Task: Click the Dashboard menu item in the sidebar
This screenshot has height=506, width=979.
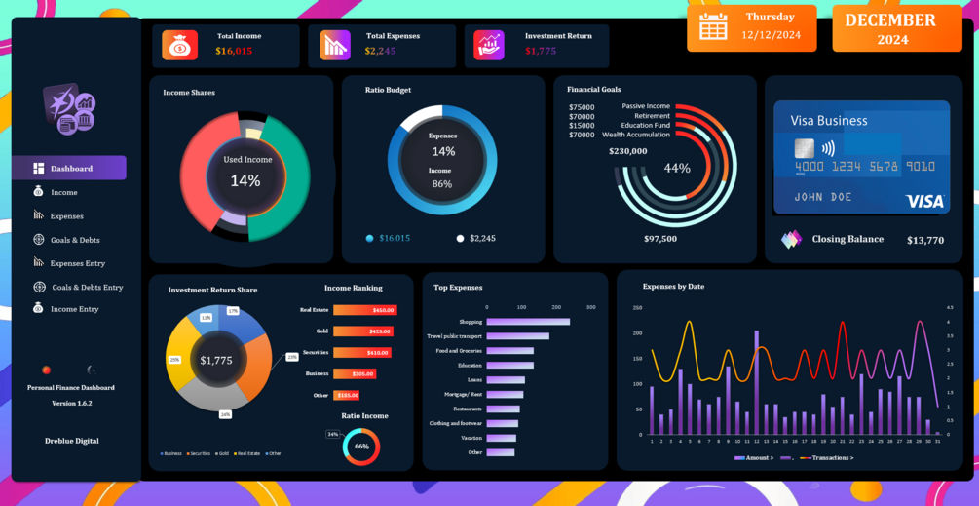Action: (x=70, y=168)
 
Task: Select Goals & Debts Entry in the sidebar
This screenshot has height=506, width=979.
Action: (x=87, y=288)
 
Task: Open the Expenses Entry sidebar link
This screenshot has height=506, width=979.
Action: (x=77, y=263)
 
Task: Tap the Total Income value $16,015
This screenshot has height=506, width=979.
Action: (x=234, y=51)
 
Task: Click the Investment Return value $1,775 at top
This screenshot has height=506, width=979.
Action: (x=541, y=51)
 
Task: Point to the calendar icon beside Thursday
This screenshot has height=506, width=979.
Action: (x=713, y=26)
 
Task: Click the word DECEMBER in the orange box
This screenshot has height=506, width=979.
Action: (x=890, y=20)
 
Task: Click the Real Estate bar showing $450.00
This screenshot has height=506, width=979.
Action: (x=363, y=310)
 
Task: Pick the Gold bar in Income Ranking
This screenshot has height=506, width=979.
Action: (x=362, y=331)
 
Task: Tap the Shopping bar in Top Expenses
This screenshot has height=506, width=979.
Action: (x=527, y=322)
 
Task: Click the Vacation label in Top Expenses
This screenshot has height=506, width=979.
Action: (x=471, y=438)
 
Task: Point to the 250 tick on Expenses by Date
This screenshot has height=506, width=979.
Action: (x=637, y=308)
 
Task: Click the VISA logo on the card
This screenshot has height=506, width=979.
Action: (x=924, y=201)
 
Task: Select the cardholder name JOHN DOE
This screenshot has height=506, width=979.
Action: (x=823, y=197)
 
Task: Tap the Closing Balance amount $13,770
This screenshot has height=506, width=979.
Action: (x=924, y=240)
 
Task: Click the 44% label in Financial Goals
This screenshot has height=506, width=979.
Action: (x=677, y=168)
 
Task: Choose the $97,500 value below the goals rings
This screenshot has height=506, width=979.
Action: (x=660, y=238)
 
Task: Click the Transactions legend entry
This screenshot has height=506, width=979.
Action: (x=828, y=458)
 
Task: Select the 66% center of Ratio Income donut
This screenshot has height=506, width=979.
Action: (x=361, y=447)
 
